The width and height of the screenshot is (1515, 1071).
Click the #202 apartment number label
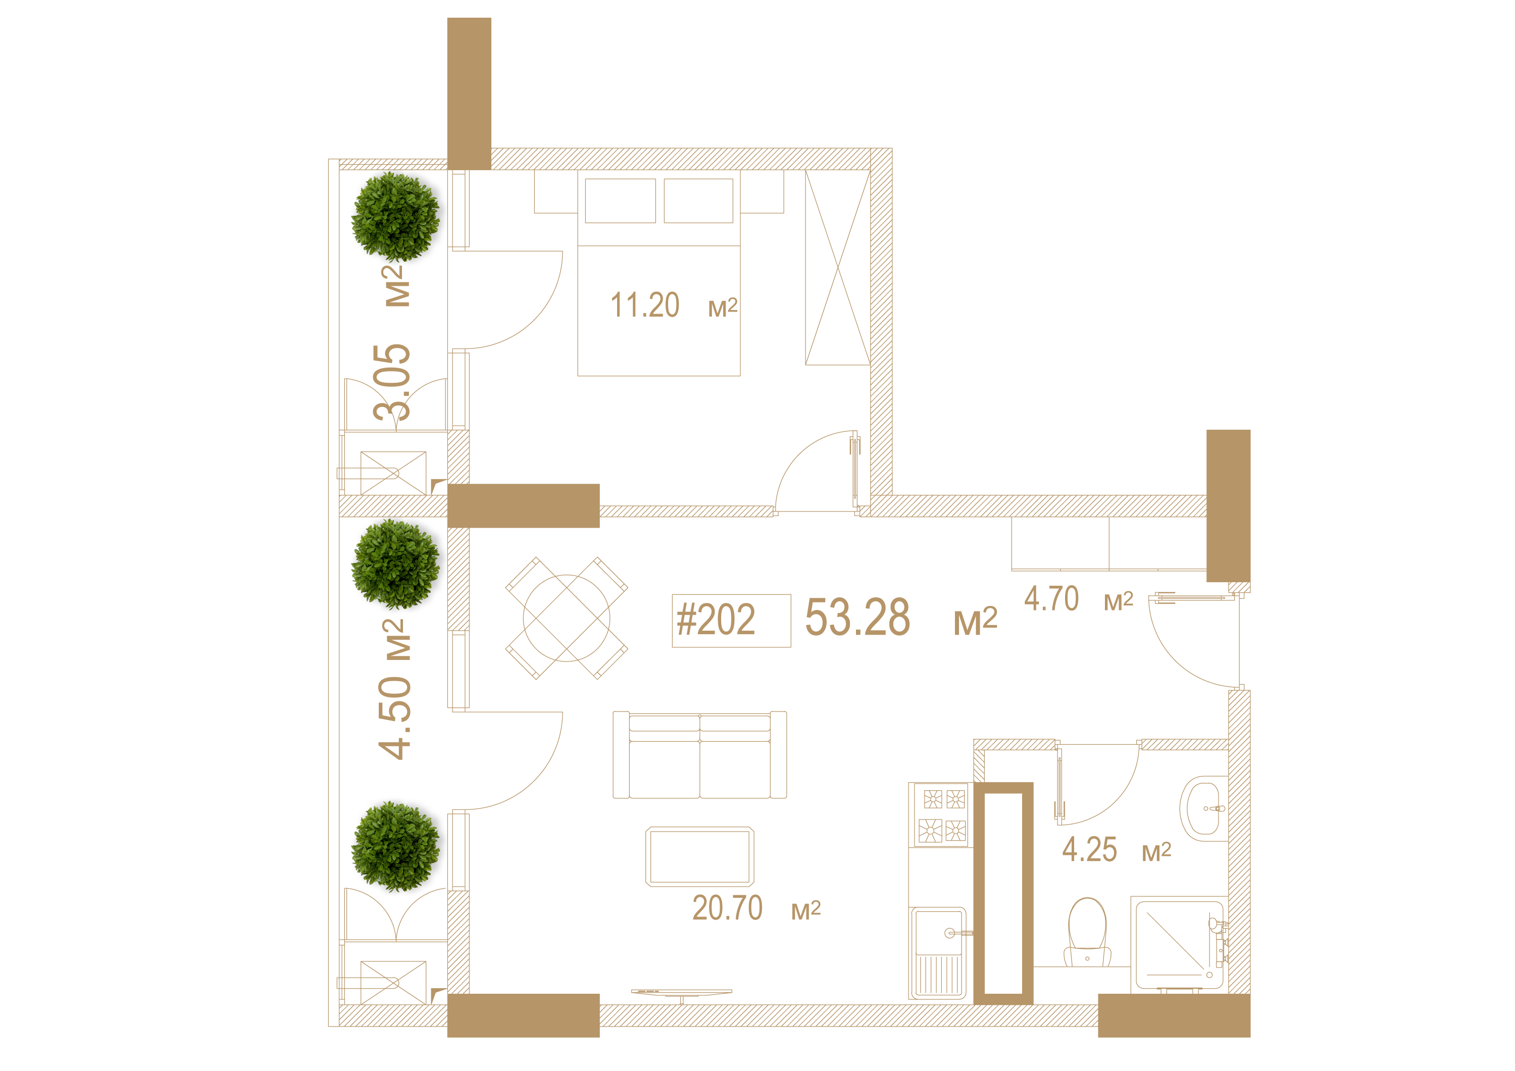pyautogui.click(x=716, y=620)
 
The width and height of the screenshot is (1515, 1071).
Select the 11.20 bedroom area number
pyautogui.click(x=645, y=305)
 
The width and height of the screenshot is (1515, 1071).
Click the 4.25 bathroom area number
pyautogui.click(x=1089, y=849)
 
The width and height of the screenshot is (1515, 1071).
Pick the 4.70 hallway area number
pyautogui.click(x=1051, y=598)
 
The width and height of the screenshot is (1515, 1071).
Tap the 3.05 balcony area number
pyautogui.click(x=392, y=383)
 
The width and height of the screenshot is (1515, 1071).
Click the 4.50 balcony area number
pyautogui.click(x=394, y=718)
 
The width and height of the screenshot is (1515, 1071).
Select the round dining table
pyautogui.click(x=566, y=619)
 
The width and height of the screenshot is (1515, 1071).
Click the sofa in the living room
pyautogui.click(x=699, y=754)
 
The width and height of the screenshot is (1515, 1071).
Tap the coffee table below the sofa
pyautogui.click(x=699, y=856)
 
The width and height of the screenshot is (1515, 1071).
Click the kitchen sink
pyautogui.click(x=939, y=953)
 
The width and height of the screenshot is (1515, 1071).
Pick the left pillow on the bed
pyautogui.click(x=620, y=200)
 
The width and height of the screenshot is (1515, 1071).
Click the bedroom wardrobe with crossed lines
pyautogui.click(x=838, y=267)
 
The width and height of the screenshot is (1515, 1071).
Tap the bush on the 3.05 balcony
pyautogui.click(x=395, y=217)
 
